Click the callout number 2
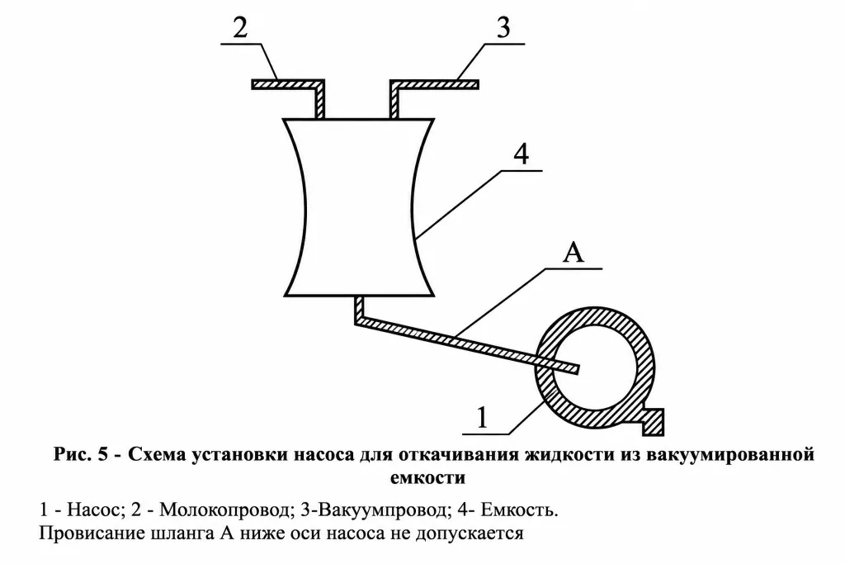[240, 27]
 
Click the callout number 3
[503, 27]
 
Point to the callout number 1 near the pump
[482, 417]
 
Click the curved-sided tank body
[359, 207]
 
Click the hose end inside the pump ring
[574, 369]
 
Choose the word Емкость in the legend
[519, 509]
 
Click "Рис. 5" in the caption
[81, 454]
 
